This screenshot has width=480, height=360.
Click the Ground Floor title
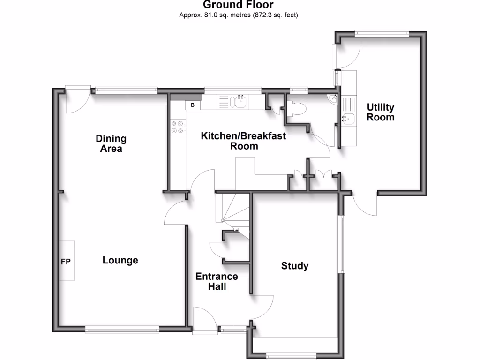[x=238, y=5]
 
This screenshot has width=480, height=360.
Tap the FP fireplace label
[x=66, y=261]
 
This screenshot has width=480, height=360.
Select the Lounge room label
[x=120, y=260]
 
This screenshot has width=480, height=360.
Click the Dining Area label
[x=111, y=143]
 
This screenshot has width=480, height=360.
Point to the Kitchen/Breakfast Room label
[x=243, y=141]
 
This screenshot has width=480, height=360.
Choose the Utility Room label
[x=380, y=112]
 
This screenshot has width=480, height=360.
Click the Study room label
[x=295, y=266]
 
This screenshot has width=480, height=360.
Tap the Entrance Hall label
[x=217, y=281]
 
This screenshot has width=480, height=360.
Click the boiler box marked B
[x=193, y=105]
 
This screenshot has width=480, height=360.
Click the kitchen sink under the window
[x=241, y=101]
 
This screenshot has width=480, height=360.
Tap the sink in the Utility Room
[x=349, y=118]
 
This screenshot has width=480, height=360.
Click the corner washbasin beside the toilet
[x=333, y=98]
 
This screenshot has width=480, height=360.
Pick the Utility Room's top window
[x=381, y=32]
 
